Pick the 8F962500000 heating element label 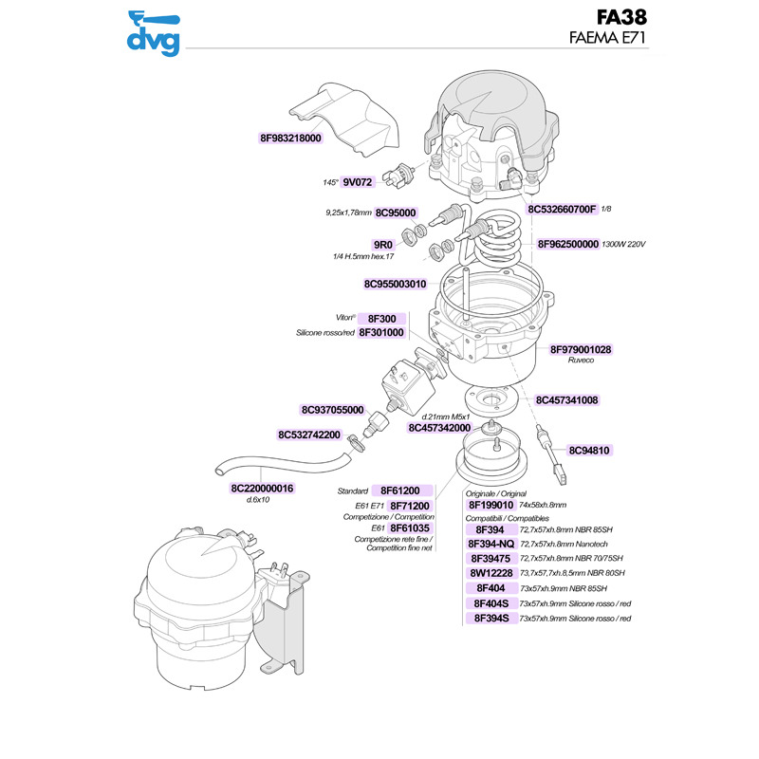[x=568, y=244]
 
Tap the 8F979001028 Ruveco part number [x=581, y=349]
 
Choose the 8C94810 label [x=589, y=450]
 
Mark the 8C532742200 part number [x=309, y=435]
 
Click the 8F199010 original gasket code [x=491, y=505]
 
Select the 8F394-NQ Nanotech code [x=491, y=544]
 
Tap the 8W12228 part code [x=491, y=573]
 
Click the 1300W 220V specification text [x=623, y=244]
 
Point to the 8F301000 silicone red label [x=381, y=333]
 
